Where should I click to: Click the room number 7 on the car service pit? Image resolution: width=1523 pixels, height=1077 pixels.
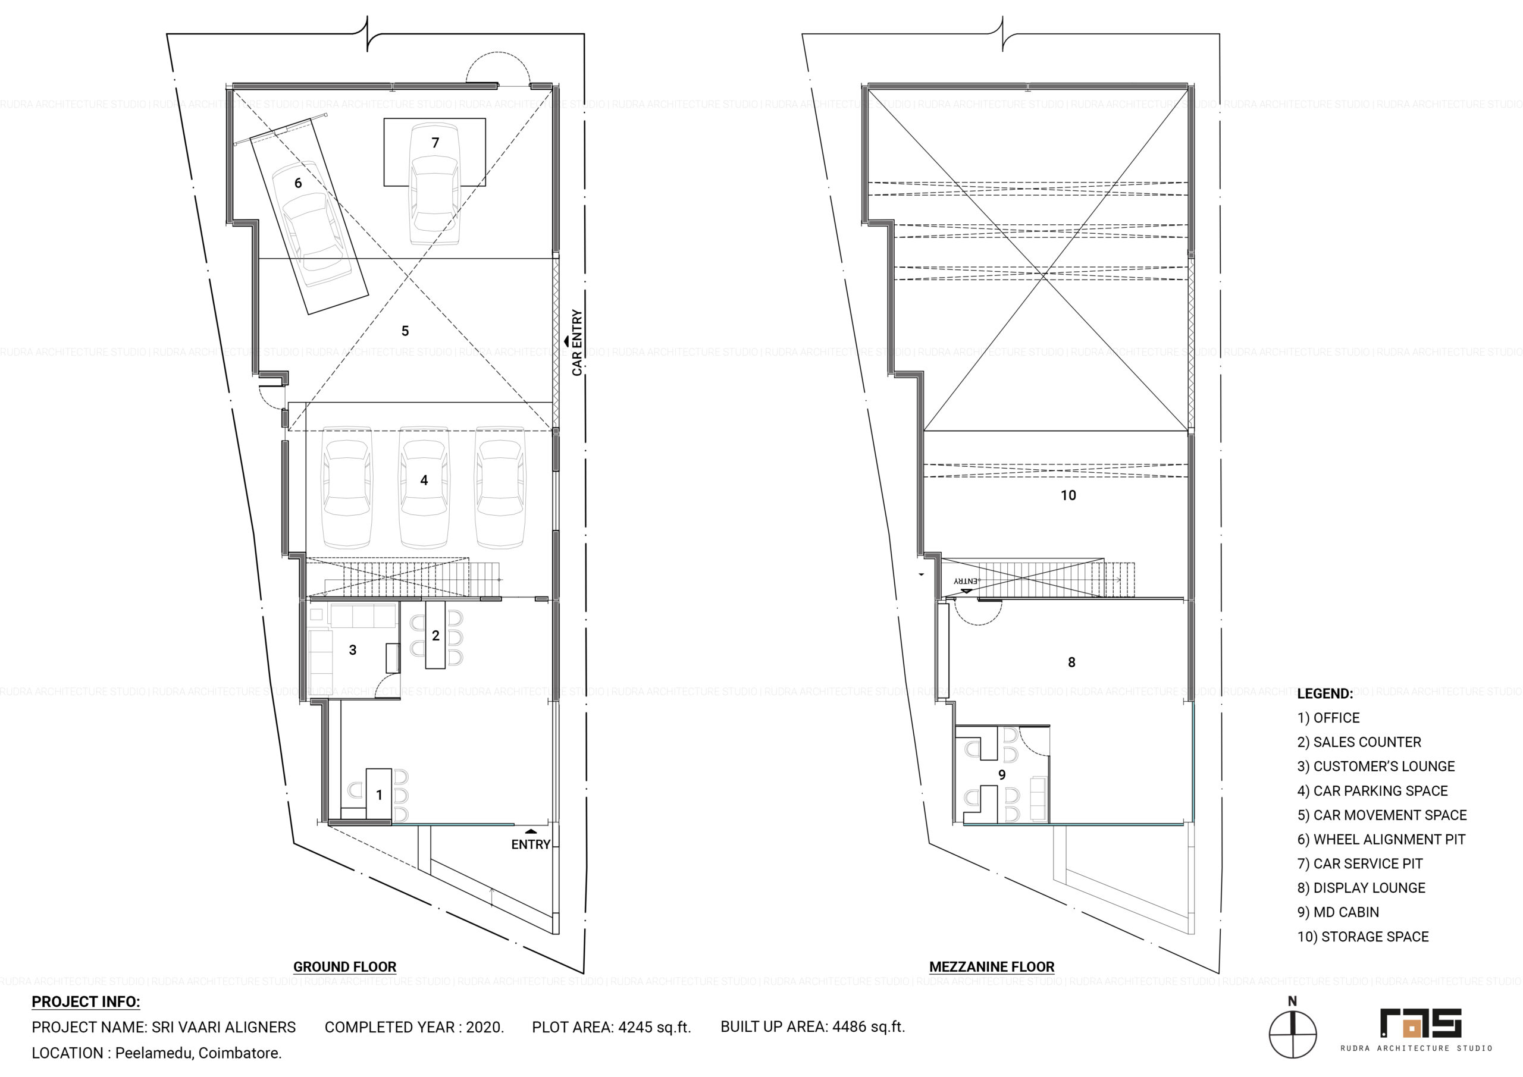435,143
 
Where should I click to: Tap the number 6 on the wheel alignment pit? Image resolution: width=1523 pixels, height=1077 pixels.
298,183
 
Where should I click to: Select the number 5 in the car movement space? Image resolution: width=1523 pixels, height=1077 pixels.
405,331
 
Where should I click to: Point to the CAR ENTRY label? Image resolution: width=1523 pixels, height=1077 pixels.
577,343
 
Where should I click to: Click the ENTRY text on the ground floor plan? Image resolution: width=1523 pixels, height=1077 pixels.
531,844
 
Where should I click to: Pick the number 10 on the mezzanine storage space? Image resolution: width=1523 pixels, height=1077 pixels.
1068,495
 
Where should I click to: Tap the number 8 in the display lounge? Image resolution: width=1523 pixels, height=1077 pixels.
1071,662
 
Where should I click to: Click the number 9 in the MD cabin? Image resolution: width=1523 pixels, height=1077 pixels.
1002,774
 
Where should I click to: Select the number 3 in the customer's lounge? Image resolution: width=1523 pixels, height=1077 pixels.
353,651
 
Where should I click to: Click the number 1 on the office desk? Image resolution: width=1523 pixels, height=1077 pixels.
380,795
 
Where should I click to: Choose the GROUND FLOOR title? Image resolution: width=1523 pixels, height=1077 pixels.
345,967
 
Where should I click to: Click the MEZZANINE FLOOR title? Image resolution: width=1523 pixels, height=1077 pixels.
992,967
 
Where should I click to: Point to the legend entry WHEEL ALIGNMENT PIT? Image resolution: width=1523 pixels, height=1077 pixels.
1381,840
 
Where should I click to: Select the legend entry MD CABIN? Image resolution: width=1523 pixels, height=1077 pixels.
1338,912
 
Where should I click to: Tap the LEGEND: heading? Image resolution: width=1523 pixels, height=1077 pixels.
1325,693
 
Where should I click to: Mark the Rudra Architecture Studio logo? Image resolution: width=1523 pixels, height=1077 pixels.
1420,1030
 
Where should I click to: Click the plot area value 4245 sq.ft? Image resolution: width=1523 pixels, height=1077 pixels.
654,1027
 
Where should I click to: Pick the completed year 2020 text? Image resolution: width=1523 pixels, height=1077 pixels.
485,1027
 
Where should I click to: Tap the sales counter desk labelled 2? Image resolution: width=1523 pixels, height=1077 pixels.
435,635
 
